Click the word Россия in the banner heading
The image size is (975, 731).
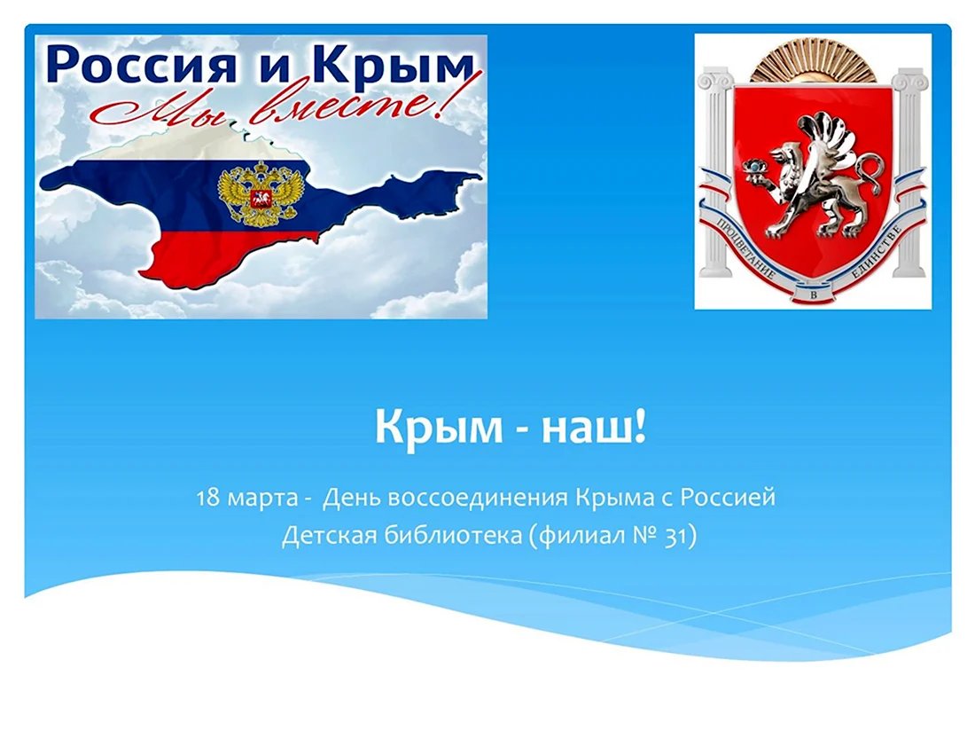point(141,64)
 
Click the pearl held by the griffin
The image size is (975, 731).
point(754,168)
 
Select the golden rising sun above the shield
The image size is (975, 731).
point(813,60)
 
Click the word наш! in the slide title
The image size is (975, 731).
point(595,427)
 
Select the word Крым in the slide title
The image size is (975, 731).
point(439,428)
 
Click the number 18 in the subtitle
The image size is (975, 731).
point(208,499)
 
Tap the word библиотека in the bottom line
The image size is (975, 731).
point(453,535)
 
